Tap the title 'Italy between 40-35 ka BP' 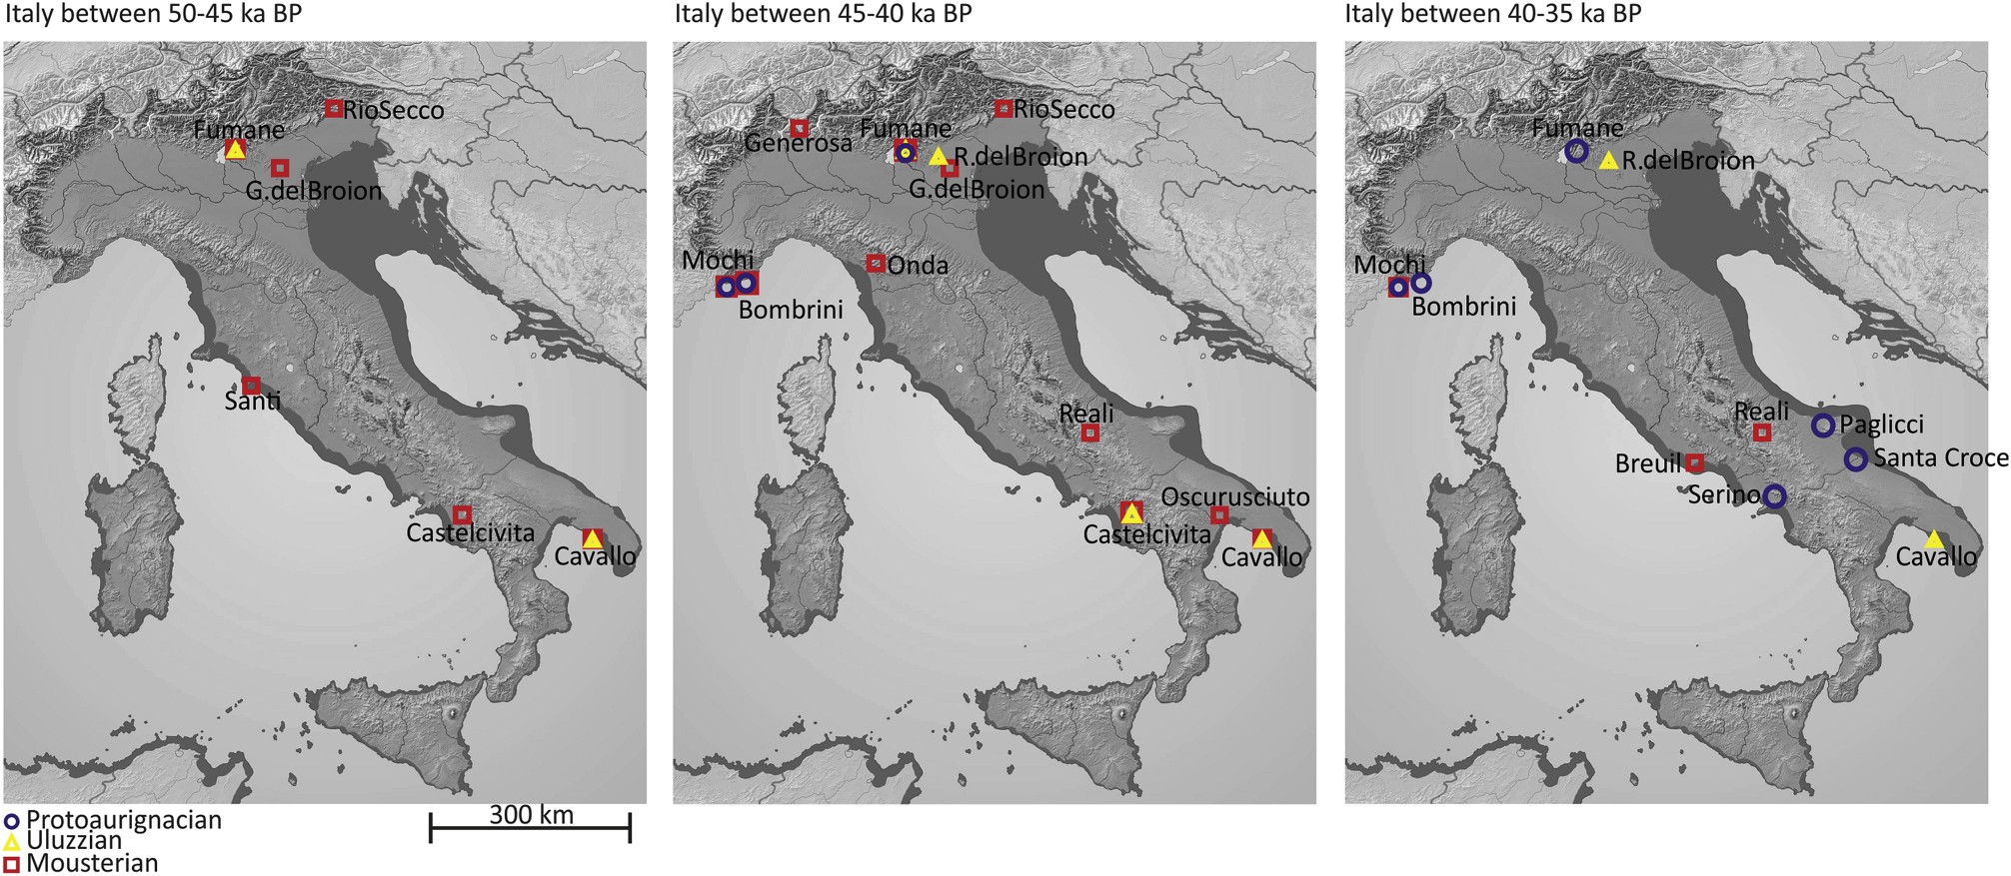coord(1492,14)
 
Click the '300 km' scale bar coord(530,827)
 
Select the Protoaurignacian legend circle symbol coord(11,821)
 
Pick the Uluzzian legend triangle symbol coord(11,842)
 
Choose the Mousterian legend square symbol coord(11,863)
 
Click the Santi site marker coord(252,385)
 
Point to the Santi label coord(252,403)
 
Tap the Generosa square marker coord(800,128)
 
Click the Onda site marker coord(876,263)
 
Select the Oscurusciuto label coord(1235,496)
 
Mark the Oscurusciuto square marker coord(1219,515)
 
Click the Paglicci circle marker coord(1823,426)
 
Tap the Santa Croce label coord(1940,458)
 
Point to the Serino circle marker coord(1774,495)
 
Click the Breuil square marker coord(1695,462)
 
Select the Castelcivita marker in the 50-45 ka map coord(462,514)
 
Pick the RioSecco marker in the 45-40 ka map coord(1004,108)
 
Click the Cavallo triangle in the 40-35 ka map coord(1934,539)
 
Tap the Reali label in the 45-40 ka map coord(1086,414)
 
